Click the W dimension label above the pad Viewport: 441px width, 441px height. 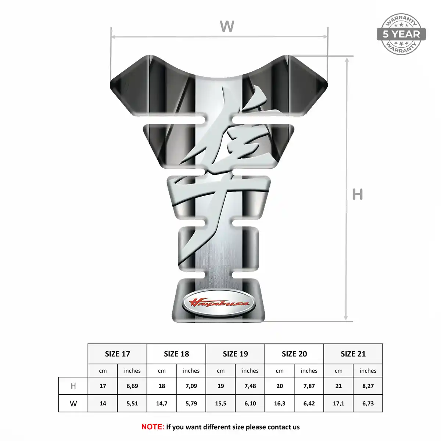click(227, 26)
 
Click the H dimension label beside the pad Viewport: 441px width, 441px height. click(358, 194)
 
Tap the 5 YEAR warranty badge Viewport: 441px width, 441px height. click(401, 34)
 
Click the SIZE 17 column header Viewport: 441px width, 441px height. click(117, 354)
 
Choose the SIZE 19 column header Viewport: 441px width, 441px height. click(235, 354)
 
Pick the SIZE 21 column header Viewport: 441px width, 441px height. click(353, 354)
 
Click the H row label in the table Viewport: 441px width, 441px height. click(73, 386)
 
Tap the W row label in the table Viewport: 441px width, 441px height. click(73, 404)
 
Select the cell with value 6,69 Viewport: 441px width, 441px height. click(132, 386)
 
